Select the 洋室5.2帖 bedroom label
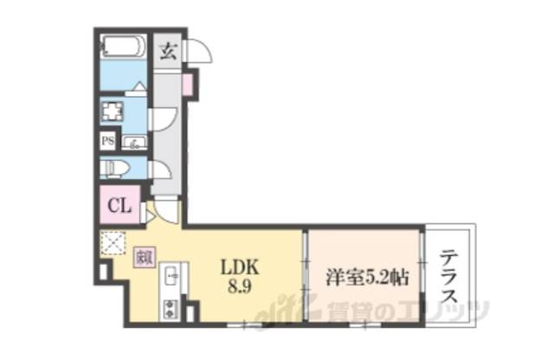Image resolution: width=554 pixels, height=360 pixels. tap(367, 278)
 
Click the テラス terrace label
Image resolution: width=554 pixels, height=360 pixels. tap(449, 277)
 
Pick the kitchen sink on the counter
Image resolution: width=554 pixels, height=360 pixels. tap(171, 277)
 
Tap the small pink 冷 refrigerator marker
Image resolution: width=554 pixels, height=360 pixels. tap(144, 256)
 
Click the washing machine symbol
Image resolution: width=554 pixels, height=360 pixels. tap(113, 112)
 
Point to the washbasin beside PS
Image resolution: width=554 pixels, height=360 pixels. tap(135, 143)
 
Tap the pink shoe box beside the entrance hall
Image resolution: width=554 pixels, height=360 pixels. tap(187, 85)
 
